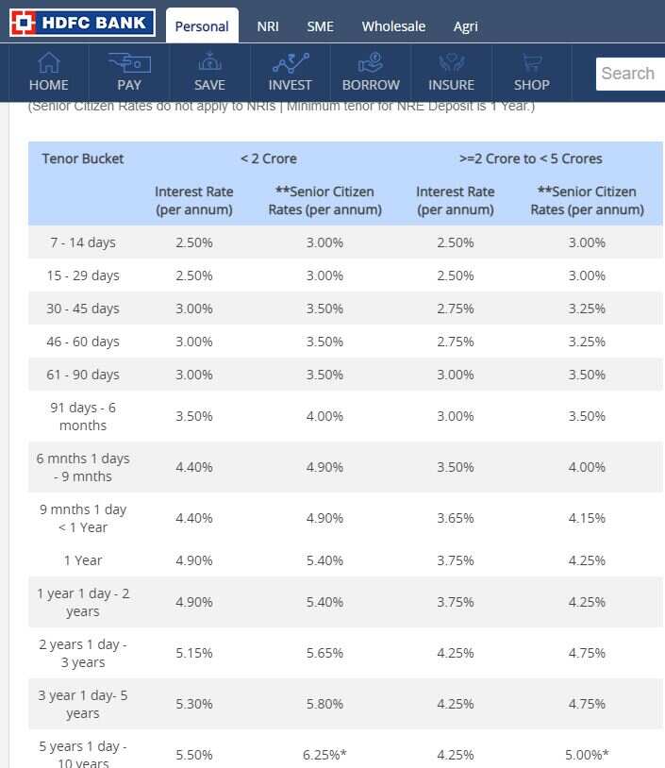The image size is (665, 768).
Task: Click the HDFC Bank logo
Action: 82,24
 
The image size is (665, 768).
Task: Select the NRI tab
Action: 268,26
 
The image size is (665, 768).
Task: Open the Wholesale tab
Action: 393,26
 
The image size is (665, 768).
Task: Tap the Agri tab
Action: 465,26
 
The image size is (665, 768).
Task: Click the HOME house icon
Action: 48,63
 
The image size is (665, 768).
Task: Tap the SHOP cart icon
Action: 532,63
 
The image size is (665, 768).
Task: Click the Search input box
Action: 630,74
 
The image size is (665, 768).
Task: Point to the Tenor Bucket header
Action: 83,159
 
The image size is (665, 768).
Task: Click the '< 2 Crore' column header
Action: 268,159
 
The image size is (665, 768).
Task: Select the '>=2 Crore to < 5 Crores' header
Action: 530,159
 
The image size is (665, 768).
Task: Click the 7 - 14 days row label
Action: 83,242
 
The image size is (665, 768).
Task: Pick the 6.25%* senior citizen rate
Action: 324,755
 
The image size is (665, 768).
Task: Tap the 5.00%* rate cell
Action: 587,755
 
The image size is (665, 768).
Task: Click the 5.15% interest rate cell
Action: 194,653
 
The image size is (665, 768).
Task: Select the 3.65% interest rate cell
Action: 456,518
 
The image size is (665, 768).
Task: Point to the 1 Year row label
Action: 83,560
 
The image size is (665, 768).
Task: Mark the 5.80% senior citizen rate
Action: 324,704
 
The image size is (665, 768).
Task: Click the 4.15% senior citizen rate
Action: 587,518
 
